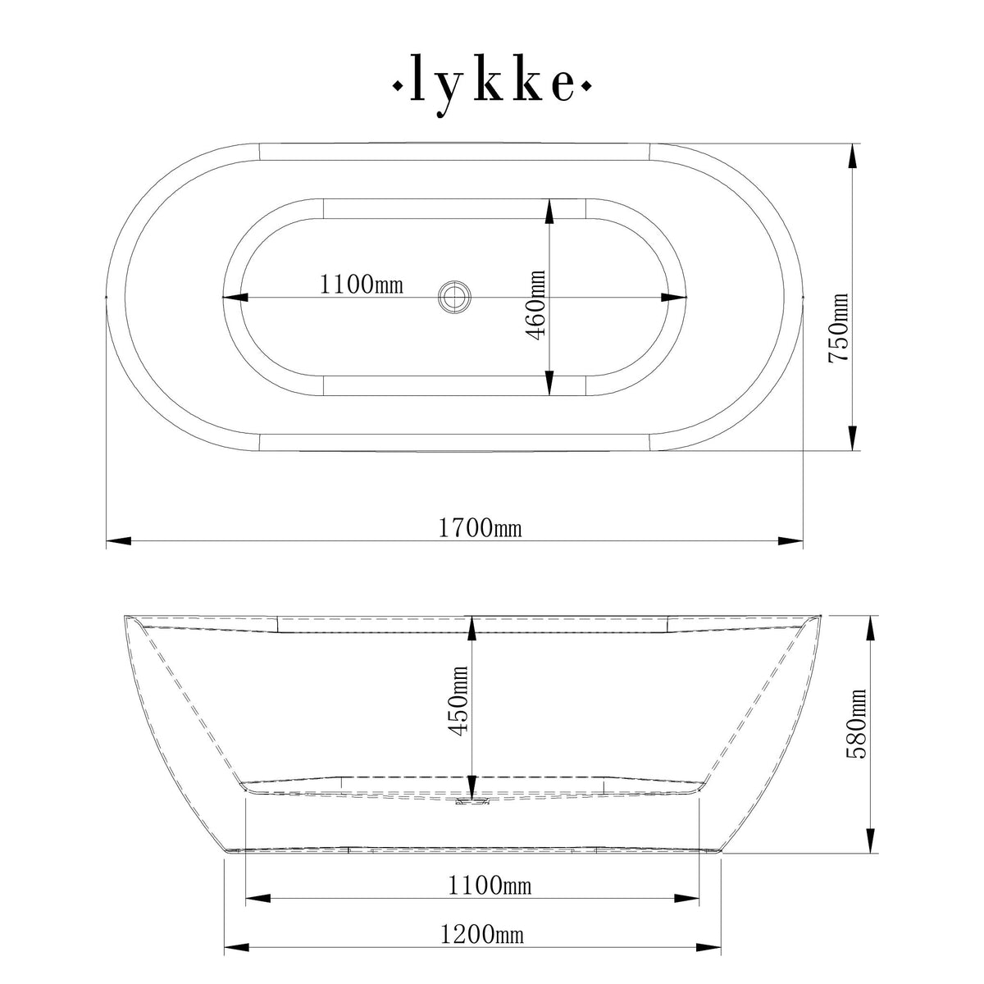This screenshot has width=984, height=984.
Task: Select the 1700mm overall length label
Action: (481, 527)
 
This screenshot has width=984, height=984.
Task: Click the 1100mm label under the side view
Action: (490, 886)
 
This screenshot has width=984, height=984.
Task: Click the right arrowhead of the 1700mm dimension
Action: (790, 541)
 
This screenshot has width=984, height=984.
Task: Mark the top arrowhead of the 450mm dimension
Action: (471, 630)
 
